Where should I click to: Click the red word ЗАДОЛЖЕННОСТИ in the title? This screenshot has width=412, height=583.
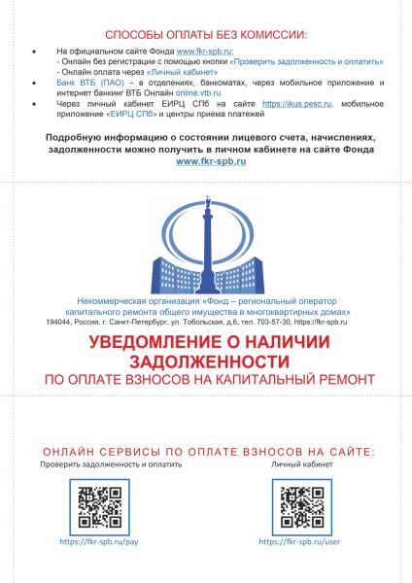(206, 360)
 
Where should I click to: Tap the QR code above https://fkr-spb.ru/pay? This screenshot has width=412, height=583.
(97, 504)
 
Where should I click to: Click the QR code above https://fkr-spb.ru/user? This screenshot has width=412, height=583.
(300, 504)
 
